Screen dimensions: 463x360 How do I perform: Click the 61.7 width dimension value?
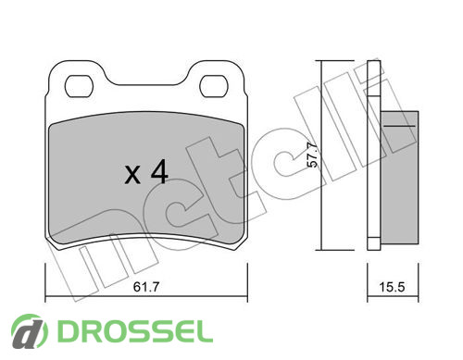tap(146, 287)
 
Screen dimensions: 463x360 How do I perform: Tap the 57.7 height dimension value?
tap(313, 155)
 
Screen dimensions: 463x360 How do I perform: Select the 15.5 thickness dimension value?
tap(392, 287)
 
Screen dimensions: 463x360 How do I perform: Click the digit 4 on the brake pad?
tap(159, 172)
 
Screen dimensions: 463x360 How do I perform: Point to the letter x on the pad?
tap(132, 175)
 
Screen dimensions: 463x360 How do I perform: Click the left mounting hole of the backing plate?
tap(79, 86)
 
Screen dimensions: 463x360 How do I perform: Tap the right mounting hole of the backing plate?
tap(214, 86)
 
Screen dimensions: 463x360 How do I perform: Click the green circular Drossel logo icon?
tap(30, 331)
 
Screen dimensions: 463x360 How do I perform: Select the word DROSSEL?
tap(135, 331)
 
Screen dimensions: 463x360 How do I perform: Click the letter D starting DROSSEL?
tap(68, 331)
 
